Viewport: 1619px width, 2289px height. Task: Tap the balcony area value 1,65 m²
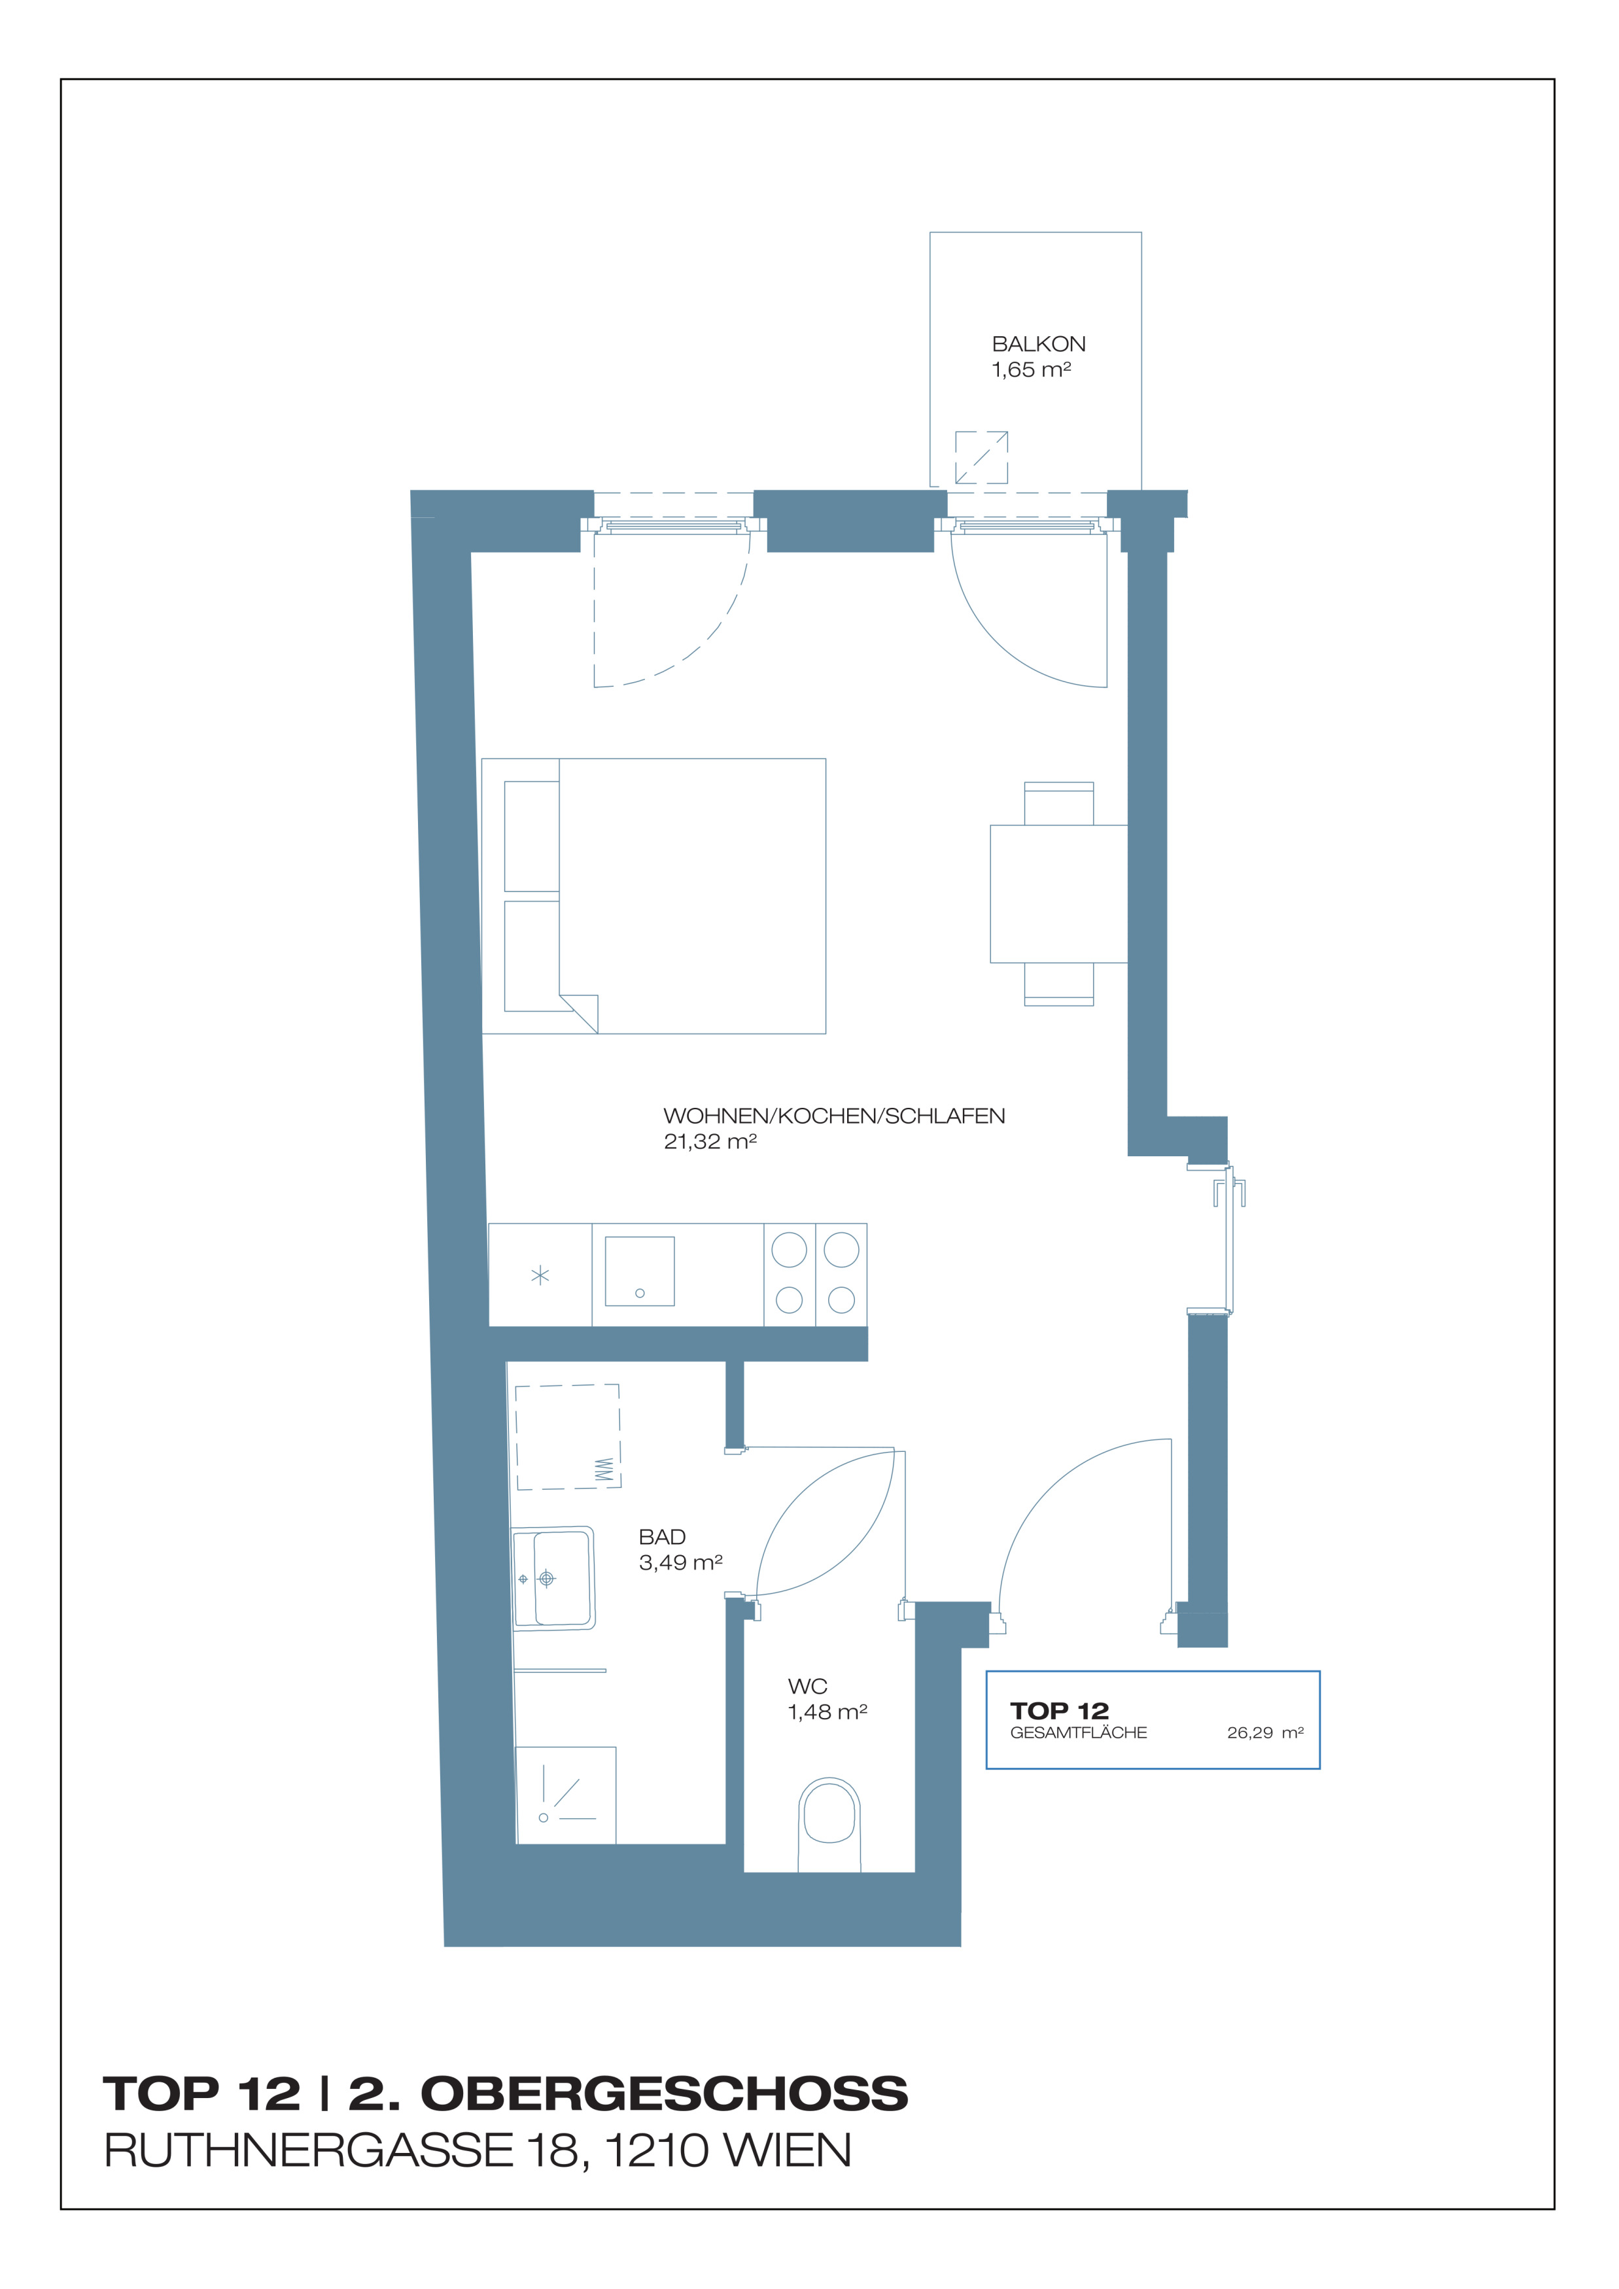[1031, 370]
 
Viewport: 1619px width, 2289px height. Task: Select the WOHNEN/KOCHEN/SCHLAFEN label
[835, 1116]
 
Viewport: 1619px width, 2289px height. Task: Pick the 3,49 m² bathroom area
[681, 1563]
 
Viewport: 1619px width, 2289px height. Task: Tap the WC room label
[807, 1686]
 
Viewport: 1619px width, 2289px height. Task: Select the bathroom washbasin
[553, 1578]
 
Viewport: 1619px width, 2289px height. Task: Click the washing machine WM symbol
[603, 1470]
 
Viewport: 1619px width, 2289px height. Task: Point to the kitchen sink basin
[640, 1271]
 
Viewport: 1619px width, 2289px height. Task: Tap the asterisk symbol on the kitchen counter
[540, 1275]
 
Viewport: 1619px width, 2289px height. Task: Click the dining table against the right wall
[1059, 893]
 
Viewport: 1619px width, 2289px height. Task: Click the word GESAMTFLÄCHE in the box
[1079, 1732]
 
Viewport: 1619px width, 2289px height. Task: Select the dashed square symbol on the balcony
[981, 458]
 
